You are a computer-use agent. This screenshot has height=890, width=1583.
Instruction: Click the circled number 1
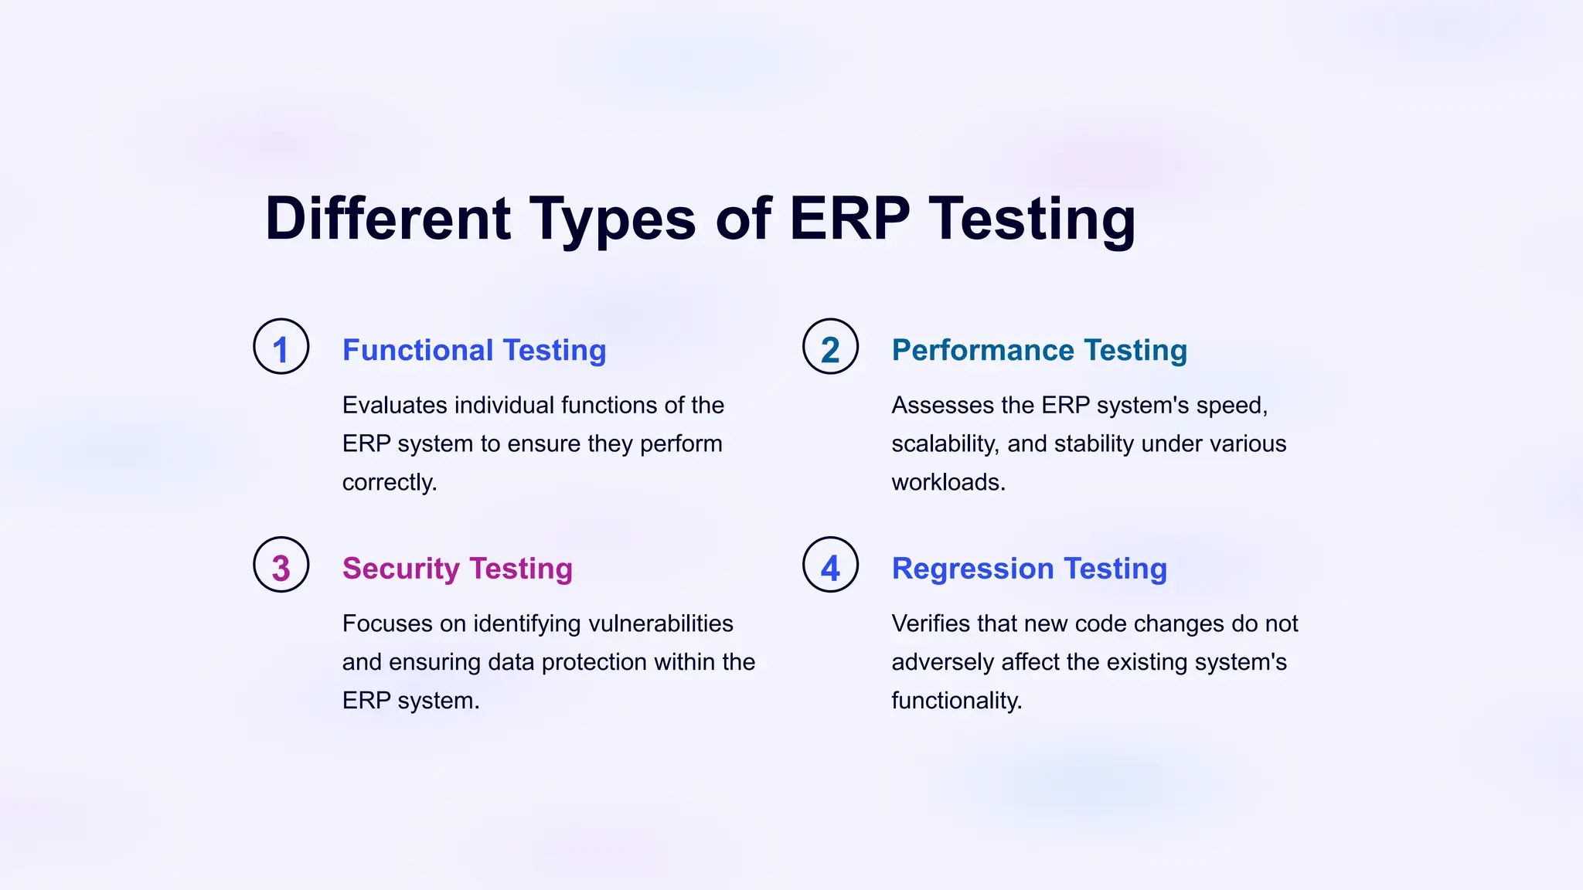click(281, 347)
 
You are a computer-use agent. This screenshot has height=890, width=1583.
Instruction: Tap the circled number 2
click(830, 347)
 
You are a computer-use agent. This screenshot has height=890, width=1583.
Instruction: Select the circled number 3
click(281, 566)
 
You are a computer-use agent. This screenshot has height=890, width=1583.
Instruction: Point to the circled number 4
click(830, 566)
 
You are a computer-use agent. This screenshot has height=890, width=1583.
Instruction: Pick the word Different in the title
click(387, 219)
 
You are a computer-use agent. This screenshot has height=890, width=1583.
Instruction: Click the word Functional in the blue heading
click(417, 350)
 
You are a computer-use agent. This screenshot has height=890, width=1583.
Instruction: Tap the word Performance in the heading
click(982, 350)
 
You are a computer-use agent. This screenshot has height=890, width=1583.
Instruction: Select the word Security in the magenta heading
click(401, 569)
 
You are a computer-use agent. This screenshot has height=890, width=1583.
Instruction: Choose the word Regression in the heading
click(972, 569)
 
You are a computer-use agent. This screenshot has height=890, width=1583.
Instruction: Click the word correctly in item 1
click(390, 483)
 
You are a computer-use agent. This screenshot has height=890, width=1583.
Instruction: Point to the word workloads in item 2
click(948, 483)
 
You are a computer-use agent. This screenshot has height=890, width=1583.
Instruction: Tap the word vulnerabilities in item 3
click(661, 623)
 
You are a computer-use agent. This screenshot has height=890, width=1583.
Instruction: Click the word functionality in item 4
click(956, 701)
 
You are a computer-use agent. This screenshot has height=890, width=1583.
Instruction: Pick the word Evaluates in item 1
click(394, 406)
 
